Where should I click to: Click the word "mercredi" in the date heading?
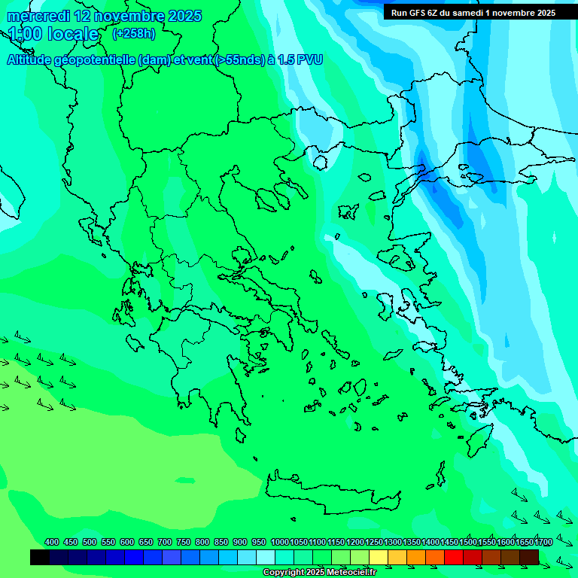pyautogui.click(x=37, y=16)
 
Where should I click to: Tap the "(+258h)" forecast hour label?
pyautogui.click(x=133, y=34)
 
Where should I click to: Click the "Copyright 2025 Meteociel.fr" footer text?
pyautogui.click(x=319, y=573)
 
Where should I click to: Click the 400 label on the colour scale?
pyautogui.click(x=52, y=542)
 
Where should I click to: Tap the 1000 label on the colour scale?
pyautogui.click(x=280, y=542)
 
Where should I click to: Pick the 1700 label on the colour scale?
pyautogui.click(x=543, y=542)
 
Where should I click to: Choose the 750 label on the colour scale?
pyautogui.click(x=184, y=542)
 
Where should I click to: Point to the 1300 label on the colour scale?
pyautogui.click(x=393, y=542)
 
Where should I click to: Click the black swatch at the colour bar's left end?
pyautogui.click(x=40, y=557)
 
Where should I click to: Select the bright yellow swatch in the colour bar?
pyautogui.click(x=379, y=557)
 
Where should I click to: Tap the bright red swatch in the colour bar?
pyautogui.click(x=454, y=557)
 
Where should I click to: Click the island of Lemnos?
pyautogui.click(x=348, y=211)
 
